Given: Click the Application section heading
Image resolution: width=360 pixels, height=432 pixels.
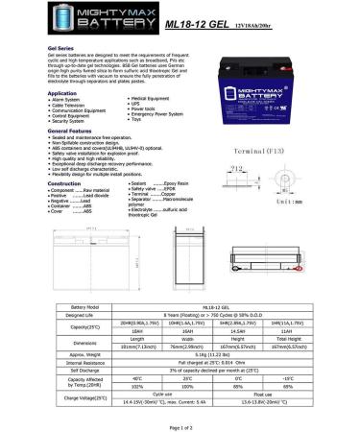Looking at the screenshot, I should [49, 93].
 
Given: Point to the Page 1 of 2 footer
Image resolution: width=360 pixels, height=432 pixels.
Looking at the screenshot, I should [180, 425].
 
